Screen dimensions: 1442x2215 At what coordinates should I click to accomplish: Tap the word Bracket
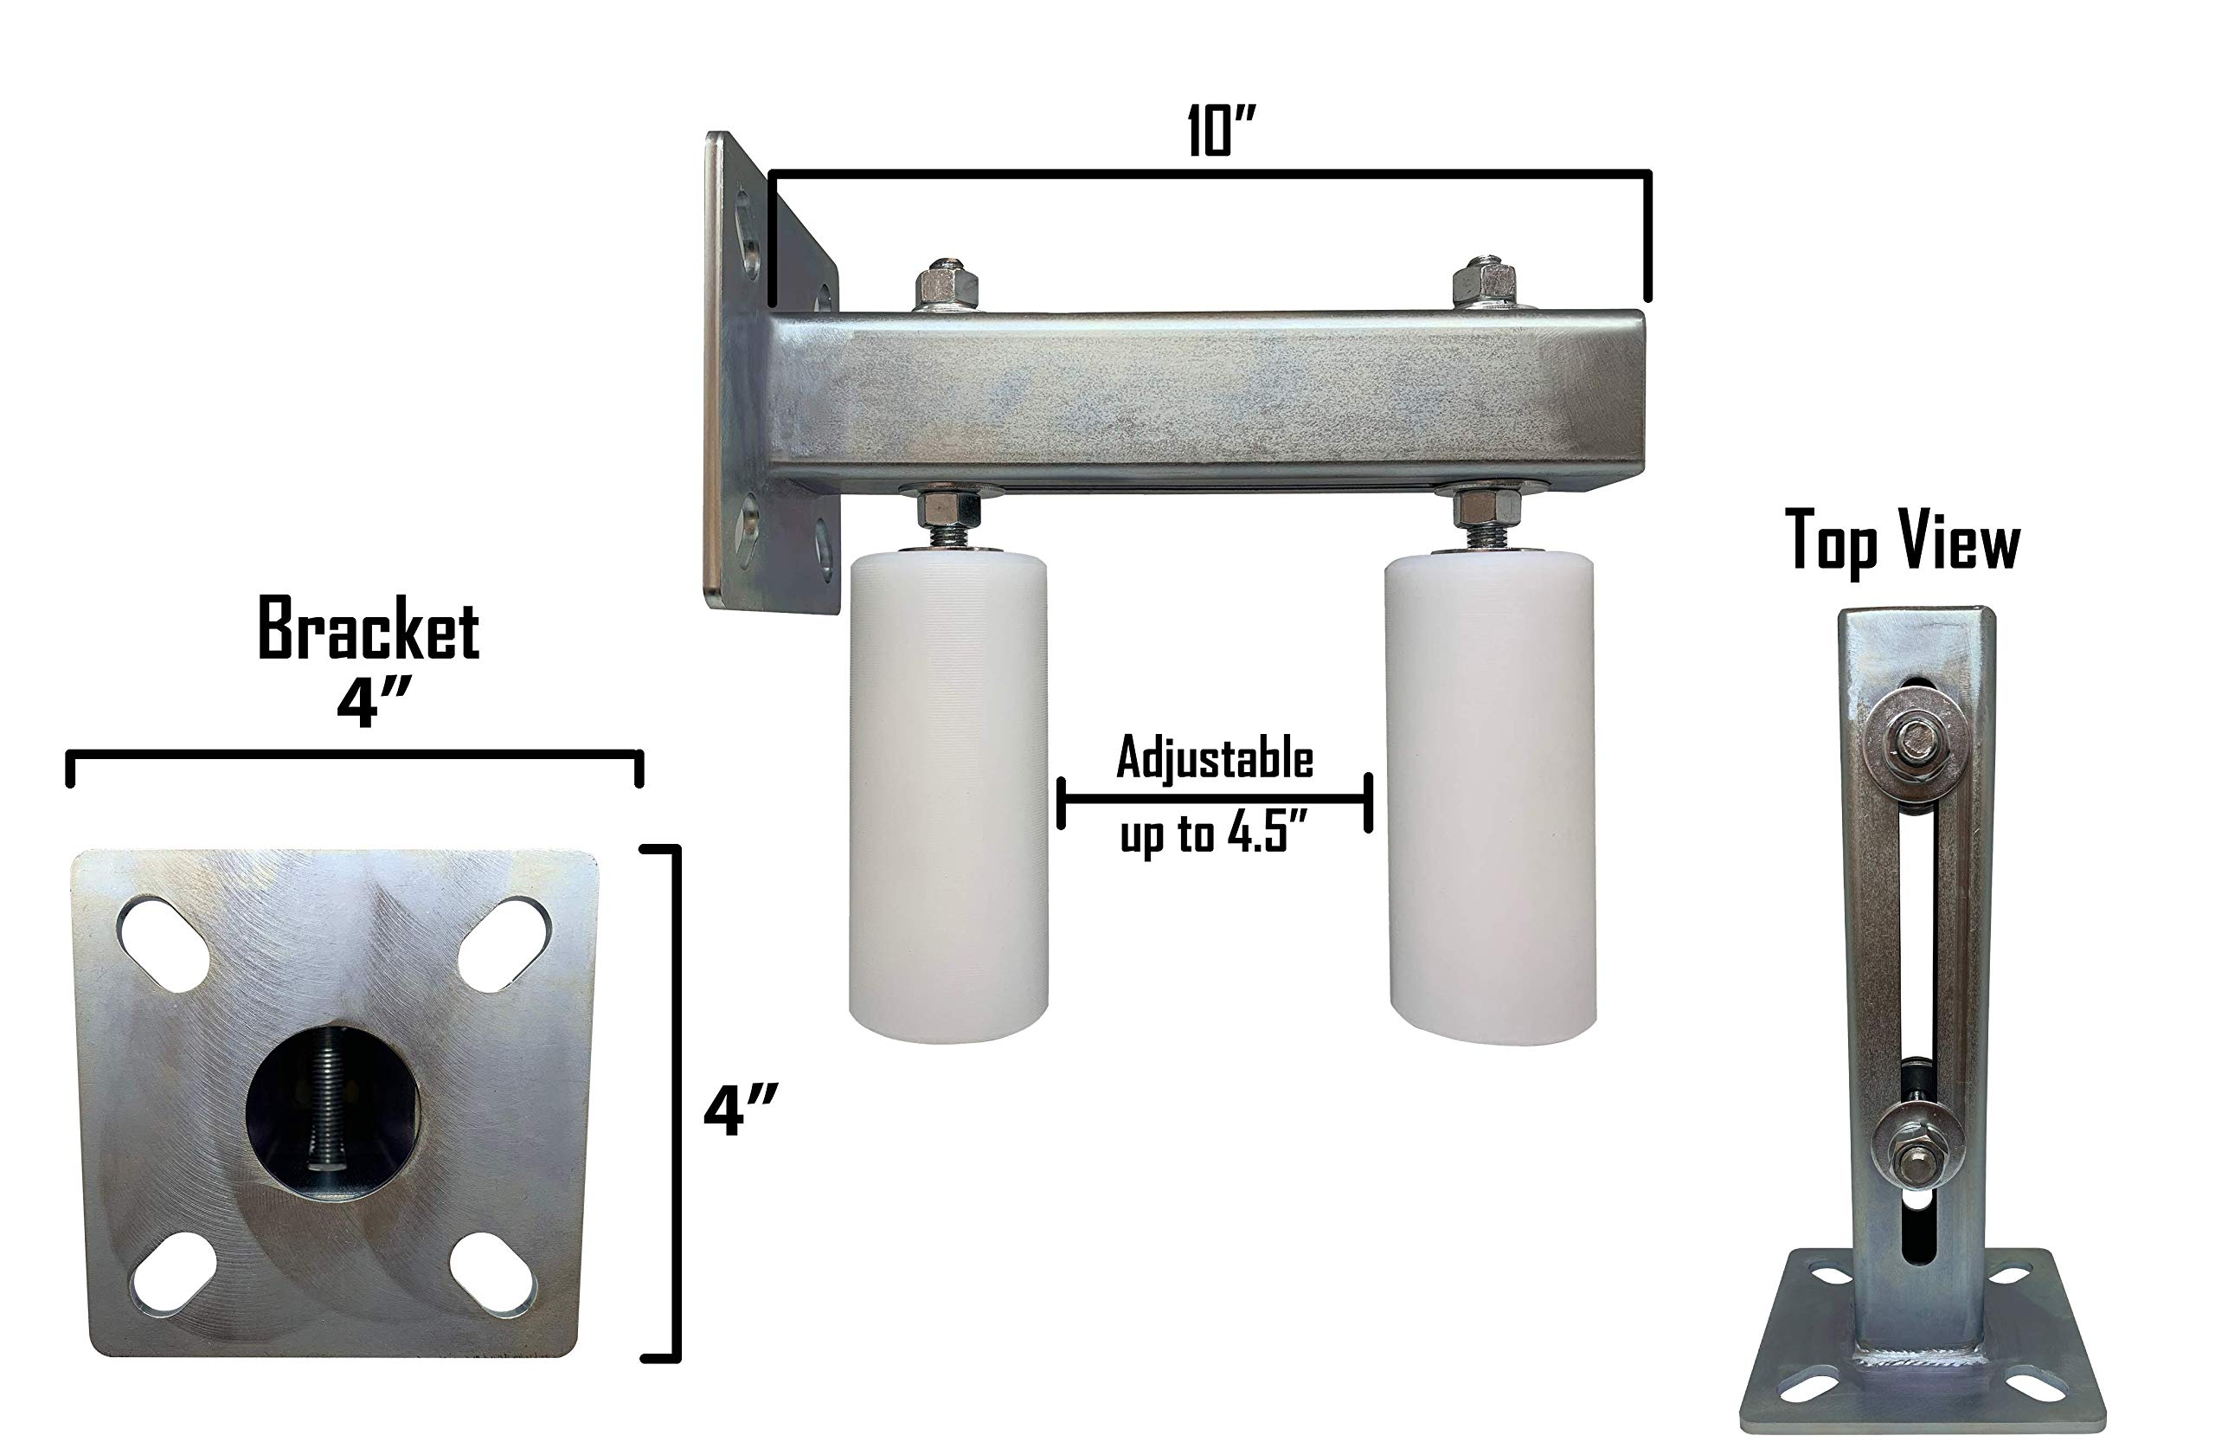369,630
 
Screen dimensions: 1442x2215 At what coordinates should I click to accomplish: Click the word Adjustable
1215,759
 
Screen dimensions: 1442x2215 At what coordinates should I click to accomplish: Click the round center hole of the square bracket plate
332,1113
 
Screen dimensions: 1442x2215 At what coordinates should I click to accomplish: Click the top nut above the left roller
946,285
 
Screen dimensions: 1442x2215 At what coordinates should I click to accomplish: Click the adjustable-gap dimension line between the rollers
1215,799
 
